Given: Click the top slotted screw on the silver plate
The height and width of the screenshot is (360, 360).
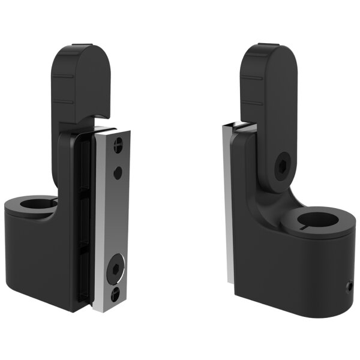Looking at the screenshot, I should coord(118,144).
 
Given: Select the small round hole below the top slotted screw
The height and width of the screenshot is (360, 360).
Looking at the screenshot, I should coord(118,172).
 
